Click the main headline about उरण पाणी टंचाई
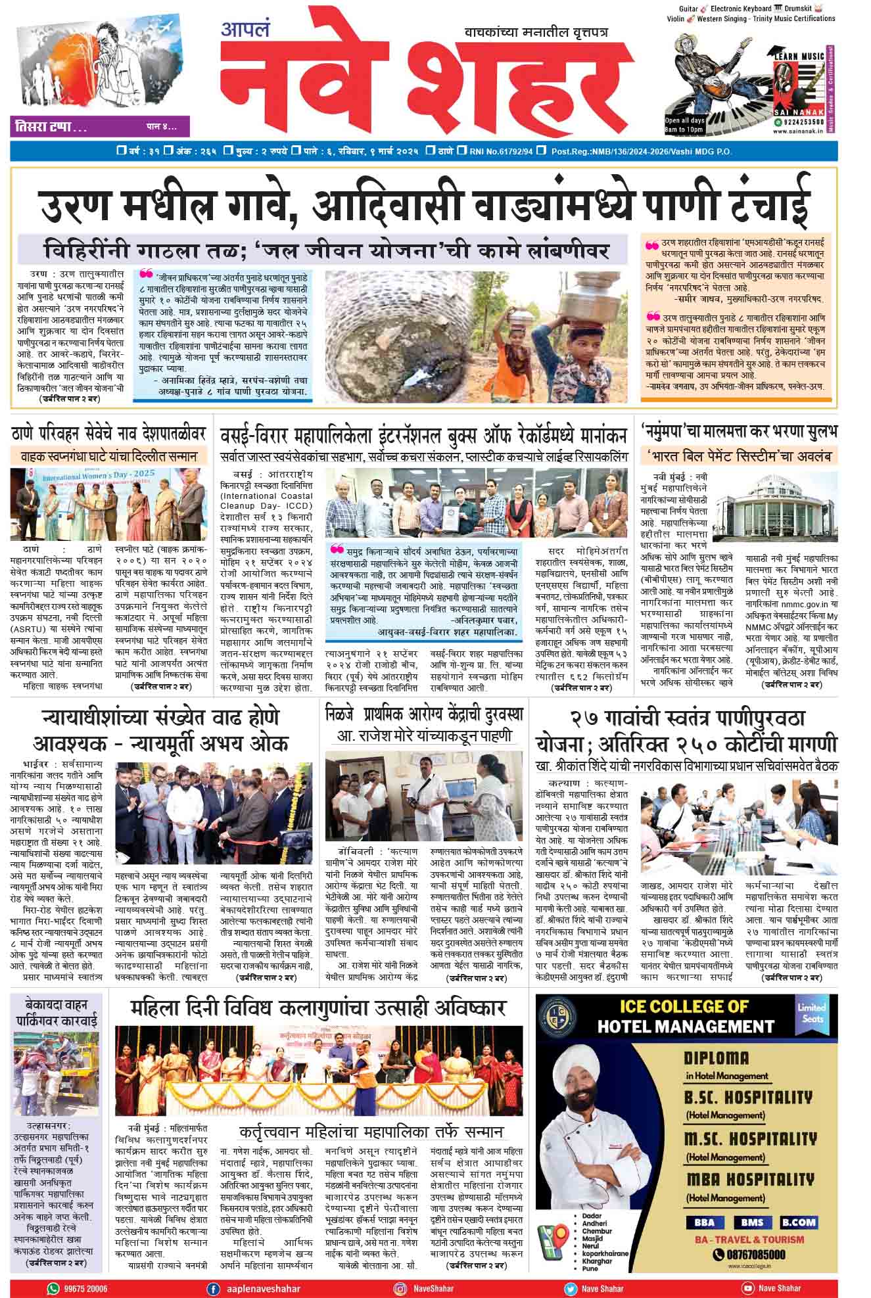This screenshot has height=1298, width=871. click(x=424, y=204)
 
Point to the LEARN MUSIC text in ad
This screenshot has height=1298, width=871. click(x=799, y=57)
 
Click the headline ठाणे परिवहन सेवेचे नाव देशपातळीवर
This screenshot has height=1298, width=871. click(x=108, y=434)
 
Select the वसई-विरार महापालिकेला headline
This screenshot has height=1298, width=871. click(x=424, y=435)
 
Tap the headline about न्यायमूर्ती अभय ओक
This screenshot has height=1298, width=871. click(x=161, y=730)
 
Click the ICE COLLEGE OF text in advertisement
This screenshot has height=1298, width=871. click(x=684, y=1006)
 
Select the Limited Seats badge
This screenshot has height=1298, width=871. click(x=812, y=1013)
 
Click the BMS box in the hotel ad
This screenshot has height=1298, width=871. click(x=752, y=1223)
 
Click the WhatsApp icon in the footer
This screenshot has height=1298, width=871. click(x=53, y=1289)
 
